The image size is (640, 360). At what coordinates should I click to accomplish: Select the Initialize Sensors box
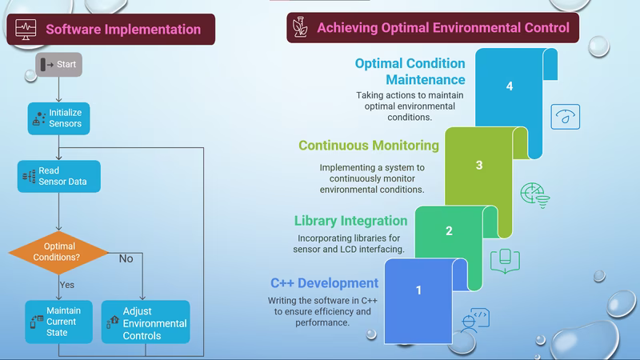tap(59, 118)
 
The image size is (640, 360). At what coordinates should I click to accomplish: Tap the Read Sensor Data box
tap(59, 176)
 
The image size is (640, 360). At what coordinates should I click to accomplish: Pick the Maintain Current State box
tap(58, 321)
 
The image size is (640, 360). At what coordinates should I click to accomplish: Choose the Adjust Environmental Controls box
tap(145, 322)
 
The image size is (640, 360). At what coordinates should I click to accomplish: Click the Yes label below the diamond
tap(67, 284)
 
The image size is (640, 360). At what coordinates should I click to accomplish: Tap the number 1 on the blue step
tap(418, 290)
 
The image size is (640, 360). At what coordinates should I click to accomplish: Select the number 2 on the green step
tap(449, 230)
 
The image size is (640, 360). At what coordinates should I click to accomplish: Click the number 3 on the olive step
tap(479, 166)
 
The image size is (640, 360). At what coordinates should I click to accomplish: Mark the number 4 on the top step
tap(510, 86)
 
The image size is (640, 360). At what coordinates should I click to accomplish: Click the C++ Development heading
tap(324, 283)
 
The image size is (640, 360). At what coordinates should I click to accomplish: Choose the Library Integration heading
tap(350, 221)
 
